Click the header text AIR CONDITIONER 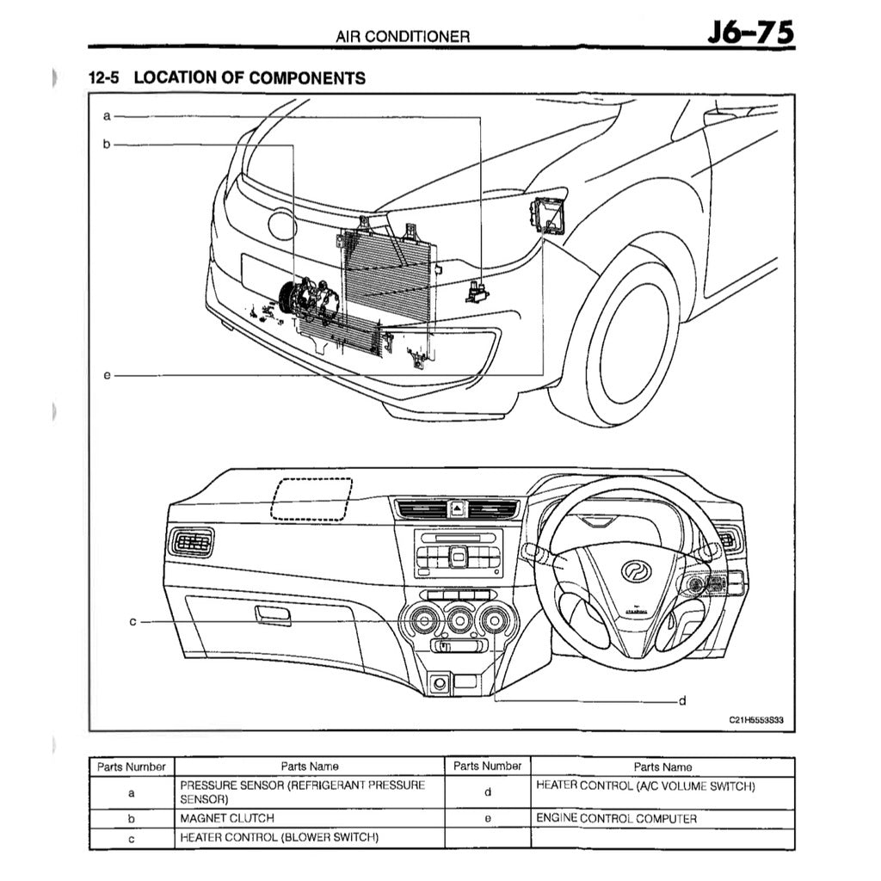coord(403,36)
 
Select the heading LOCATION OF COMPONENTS coord(250,77)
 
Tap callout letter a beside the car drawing coord(108,114)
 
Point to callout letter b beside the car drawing coord(108,145)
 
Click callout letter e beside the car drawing coord(108,375)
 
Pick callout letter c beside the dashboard coord(133,620)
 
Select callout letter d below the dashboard coord(681,700)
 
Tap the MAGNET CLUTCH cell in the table coord(227,818)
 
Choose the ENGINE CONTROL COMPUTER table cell coord(616,818)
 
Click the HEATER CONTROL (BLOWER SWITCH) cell coord(279,837)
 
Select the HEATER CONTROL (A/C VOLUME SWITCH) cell coord(645,786)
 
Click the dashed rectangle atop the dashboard coord(311,499)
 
